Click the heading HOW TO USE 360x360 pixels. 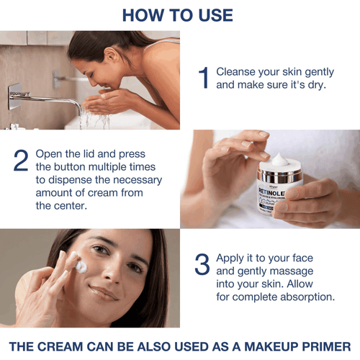[x=177, y=15]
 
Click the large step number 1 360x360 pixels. [x=204, y=78]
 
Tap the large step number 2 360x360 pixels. [x=21, y=161]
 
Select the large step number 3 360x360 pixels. [x=203, y=264]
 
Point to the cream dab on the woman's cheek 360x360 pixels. [x=81, y=266]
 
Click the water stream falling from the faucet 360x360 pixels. [x=84, y=119]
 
